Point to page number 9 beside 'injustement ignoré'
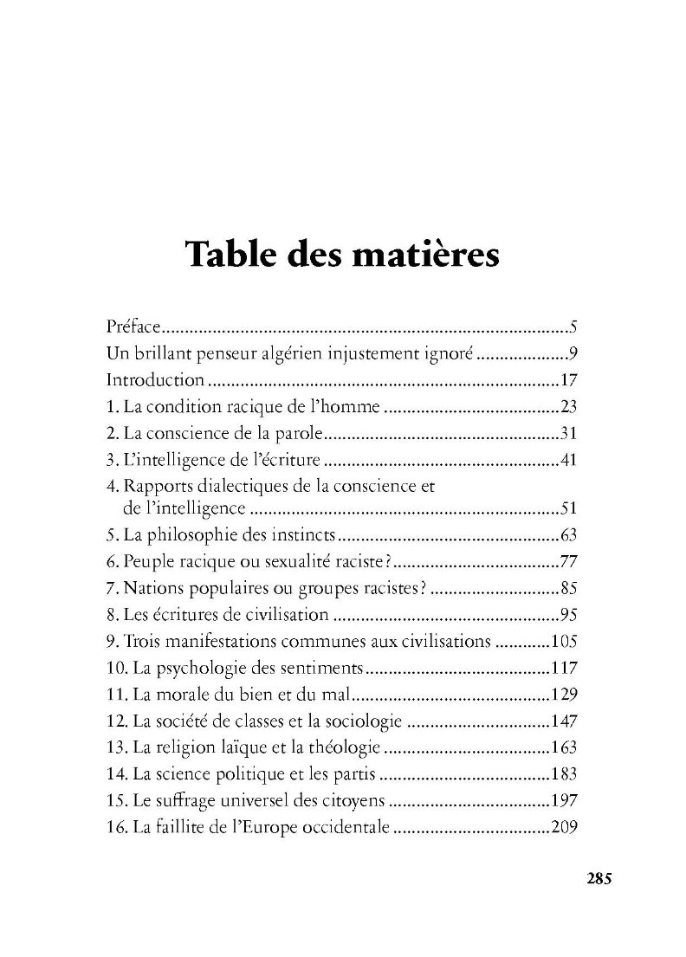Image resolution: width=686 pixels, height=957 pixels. point(573,353)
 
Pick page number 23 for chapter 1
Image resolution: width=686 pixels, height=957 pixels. point(568,405)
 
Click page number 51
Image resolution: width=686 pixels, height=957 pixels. point(568,508)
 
